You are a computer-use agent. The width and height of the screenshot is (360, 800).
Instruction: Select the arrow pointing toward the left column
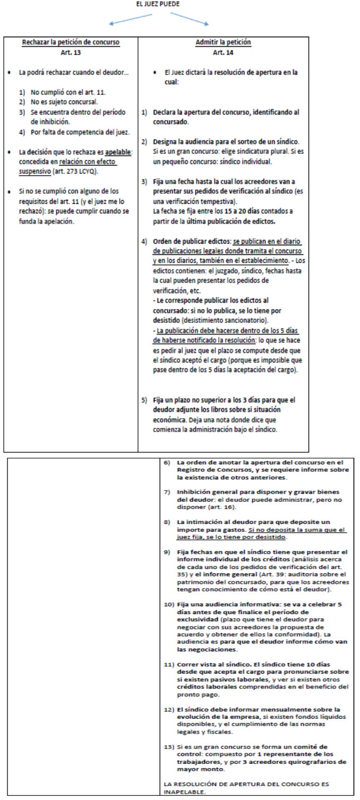(131, 19)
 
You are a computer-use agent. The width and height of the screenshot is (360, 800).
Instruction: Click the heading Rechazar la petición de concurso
(70, 42)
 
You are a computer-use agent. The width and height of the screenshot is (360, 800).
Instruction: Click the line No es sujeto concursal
(57, 101)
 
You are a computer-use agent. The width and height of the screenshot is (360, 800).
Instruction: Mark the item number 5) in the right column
(144, 399)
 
